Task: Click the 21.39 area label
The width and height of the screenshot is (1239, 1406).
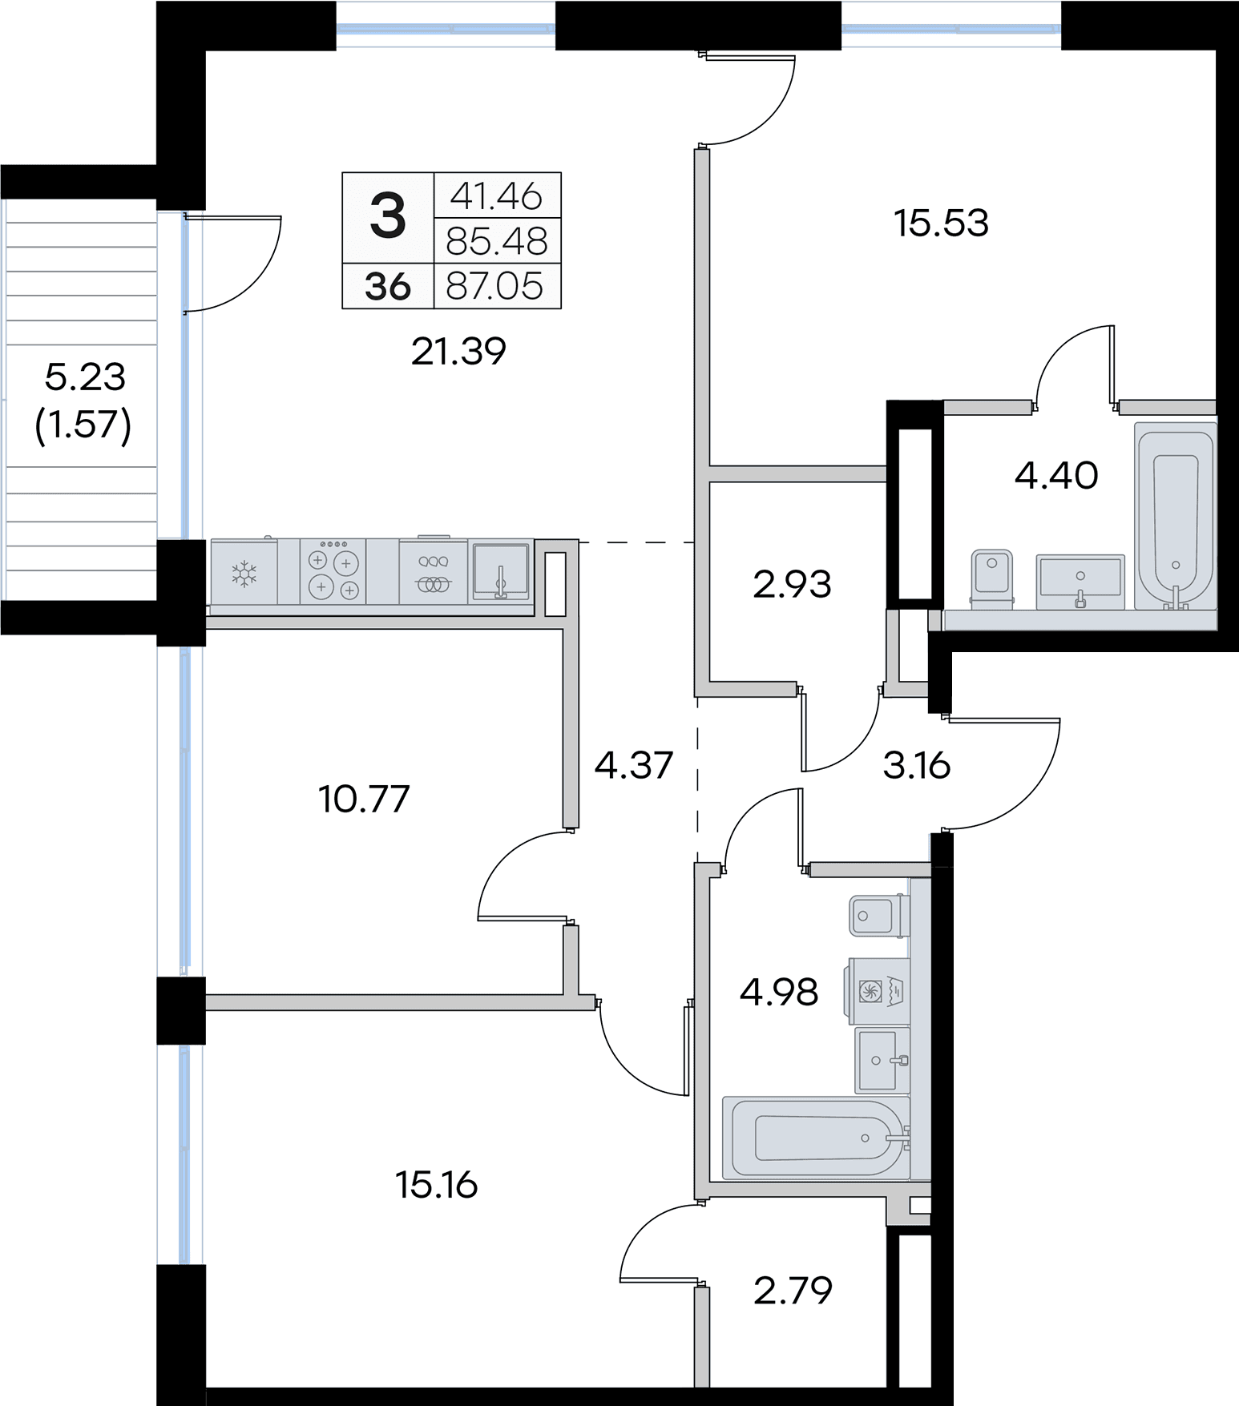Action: pyautogui.click(x=458, y=352)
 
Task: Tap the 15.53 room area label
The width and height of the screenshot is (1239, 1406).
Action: pyautogui.click(x=941, y=223)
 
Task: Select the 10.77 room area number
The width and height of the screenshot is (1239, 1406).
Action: pyautogui.click(x=364, y=799)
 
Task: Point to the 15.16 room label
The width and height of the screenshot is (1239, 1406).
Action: pyautogui.click(x=437, y=1185)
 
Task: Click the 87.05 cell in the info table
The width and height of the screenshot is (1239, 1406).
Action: pyautogui.click(x=495, y=286)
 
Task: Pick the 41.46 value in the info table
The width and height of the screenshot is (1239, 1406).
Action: pyautogui.click(x=496, y=196)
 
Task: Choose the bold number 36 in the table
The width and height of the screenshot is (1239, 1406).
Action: pyautogui.click(x=388, y=287)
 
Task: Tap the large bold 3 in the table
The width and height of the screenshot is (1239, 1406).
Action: pyautogui.click(x=388, y=217)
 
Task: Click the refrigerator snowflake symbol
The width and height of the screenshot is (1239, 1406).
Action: pyautogui.click(x=244, y=574)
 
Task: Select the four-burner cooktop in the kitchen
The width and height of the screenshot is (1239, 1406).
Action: pyautogui.click(x=333, y=572)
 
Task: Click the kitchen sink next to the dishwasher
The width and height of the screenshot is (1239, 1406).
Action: pyautogui.click(x=501, y=571)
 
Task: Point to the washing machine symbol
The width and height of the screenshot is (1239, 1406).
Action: pyautogui.click(x=877, y=991)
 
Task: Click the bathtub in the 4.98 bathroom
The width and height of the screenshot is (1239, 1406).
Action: pyautogui.click(x=817, y=1138)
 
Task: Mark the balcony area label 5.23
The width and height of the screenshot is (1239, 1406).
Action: pyautogui.click(x=85, y=377)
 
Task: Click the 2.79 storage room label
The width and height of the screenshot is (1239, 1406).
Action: pyautogui.click(x=793, y=1291)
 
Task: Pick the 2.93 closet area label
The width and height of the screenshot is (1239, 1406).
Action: pyautogui.click(x=792, y=585)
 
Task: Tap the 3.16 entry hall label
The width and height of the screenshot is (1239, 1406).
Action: pyautogui.click(x=917, y=766)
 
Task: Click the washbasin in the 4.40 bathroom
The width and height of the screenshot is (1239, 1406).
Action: pyautogui.click(x=1080, y=581)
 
